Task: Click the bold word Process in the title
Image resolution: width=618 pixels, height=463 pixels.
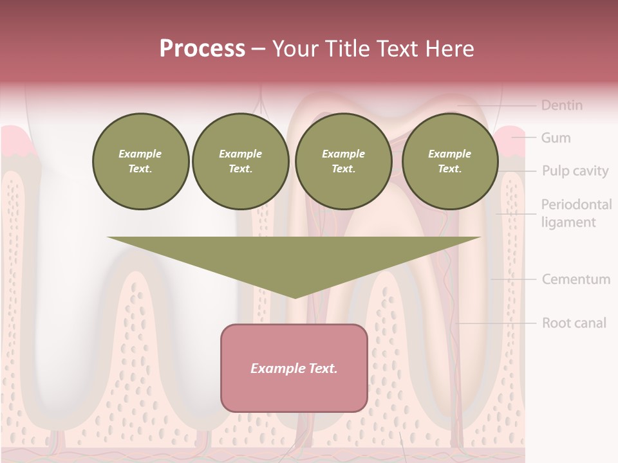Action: pyautogui.click(x=202, y=48)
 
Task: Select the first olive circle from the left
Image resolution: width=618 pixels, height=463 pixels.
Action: pyautogui.click(x=140, y=161)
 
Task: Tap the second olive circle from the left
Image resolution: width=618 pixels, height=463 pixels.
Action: pyautogui.click(x=240, y=161)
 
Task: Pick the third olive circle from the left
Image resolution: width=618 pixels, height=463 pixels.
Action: pyautogui.click(x=343, y=161)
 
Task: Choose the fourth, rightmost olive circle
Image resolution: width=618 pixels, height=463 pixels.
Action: pyautogui.click(x=449, y=161)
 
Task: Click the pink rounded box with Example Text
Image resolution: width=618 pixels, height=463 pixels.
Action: pyautogui.click(x=294, y=368)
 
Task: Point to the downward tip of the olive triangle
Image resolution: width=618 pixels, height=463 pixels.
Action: pyautogui.click(x=294, y=296)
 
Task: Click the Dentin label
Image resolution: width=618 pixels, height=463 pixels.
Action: pyautogui.click(x=561, y=105)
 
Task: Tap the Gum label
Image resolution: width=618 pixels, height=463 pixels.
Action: pyautogui.click(x=555, y=138)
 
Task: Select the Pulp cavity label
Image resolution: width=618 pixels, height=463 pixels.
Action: pyautogui.click(x=574, y=171)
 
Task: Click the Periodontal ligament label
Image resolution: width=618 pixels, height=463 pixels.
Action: pyautogui.click(x=576, y=213)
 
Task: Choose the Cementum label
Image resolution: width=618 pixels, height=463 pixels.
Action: pyautogui.click(x=576, y=280)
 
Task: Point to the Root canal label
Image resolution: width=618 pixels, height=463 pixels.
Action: pyautogui.click(x=574, y=323)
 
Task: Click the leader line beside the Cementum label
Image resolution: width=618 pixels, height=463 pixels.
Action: pyautogui.click(x=513, y=279)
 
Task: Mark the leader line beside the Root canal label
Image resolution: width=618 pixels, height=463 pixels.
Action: pyautogui.click(x=496, y=323)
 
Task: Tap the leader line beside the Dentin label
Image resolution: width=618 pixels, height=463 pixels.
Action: pyautogui.click(x=496, y=105)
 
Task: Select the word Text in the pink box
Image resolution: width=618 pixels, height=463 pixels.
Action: pyautogui.click(x=322, y=368)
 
